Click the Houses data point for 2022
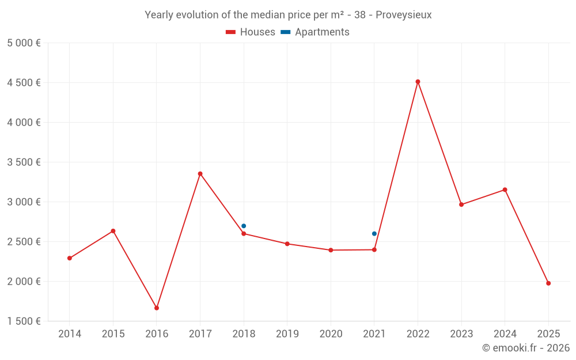tap(418, 82)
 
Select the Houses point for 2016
tap(157, 308)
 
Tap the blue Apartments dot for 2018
tap(244, 226)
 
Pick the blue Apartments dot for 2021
tap(374, 234)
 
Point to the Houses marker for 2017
tap(200, 174)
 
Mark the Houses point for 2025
tap(548, 283)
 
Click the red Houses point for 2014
tap(70, 258)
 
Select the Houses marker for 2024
tap(505, 190)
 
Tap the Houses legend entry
tap(251, 32)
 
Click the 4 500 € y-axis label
tap(24, 83)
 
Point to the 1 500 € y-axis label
tap(24, 321)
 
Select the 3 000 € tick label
tap(24, 202)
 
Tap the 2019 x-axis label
tap(287, 334)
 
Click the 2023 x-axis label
tap(461, 334)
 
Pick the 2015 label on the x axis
tap(113, 334)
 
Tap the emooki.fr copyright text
tap(525, 348)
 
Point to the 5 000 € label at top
tap(24, 43)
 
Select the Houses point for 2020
tap(331, 250)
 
